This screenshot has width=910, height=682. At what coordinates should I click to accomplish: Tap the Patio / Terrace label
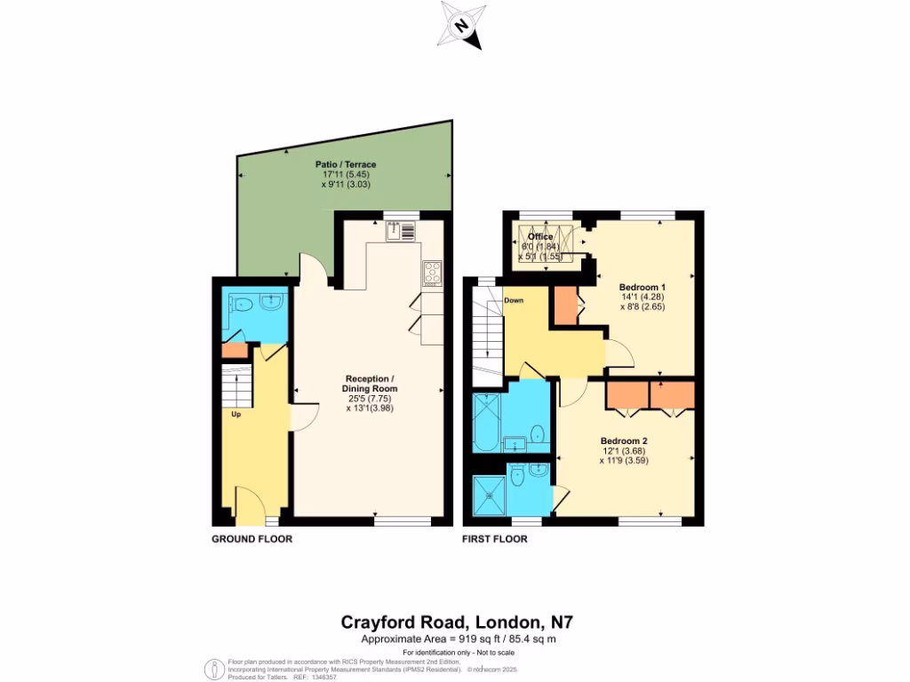346,164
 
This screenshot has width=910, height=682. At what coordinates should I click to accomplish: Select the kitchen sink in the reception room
401,231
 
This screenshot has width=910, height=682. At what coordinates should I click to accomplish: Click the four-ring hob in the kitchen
433,273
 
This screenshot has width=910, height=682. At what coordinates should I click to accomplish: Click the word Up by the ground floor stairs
236,414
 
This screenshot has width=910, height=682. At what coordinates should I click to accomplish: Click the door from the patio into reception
311,269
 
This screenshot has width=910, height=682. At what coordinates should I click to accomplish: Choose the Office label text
540,236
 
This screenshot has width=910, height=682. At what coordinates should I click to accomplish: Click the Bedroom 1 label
642,287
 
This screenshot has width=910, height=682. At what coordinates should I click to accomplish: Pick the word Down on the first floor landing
514,300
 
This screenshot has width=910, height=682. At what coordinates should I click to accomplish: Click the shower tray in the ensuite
488,496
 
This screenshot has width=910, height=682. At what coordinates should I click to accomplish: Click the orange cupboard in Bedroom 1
564,305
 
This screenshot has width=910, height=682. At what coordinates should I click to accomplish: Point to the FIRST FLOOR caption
495,539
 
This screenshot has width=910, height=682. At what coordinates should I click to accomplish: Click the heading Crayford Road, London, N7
452,623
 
